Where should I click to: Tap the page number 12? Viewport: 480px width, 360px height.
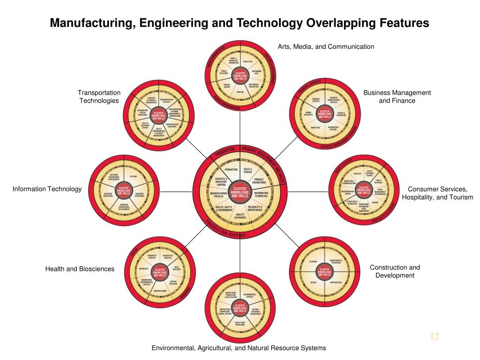click(434, 337)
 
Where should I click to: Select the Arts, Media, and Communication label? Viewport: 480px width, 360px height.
click(326, 46)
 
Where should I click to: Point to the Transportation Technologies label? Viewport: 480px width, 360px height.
click(99, 97)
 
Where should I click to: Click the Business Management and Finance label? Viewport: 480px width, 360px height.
click(397, 97)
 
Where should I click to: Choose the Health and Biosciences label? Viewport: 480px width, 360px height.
click(80, 269)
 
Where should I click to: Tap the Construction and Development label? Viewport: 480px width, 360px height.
click(395, 271)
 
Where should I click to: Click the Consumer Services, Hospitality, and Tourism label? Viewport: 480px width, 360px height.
click(437, 193)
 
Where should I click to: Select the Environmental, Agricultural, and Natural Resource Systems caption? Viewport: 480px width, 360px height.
click(239, 348)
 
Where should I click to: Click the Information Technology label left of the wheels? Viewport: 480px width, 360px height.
click(47, 189)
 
